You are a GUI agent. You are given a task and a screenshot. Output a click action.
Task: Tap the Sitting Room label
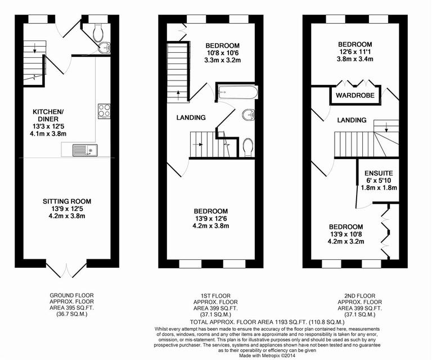pos(66,201)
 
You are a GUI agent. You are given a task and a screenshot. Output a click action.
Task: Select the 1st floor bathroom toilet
pos(249,146)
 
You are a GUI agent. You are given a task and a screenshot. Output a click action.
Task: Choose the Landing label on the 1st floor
pos(190,118)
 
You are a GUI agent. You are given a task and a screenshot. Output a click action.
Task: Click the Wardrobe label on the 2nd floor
pos(355,96)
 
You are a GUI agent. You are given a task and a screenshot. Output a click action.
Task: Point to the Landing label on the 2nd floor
pos(352,120)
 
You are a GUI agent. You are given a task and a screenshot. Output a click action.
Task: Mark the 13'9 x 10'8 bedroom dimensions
pos(346,234)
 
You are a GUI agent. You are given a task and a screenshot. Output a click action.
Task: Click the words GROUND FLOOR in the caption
pos(72,295)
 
